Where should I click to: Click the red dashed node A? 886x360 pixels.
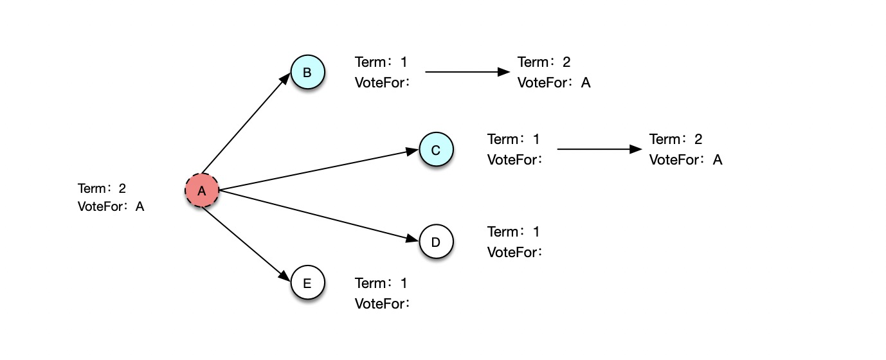[x=202, y=190]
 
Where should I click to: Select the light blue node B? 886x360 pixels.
[x=308, y=72]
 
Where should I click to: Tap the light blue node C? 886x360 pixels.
[x=436, y=149]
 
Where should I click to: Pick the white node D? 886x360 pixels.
[x=436, y=241]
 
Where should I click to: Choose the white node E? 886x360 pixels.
[x=308, y=282]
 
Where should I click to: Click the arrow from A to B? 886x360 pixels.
[x=246, y=123]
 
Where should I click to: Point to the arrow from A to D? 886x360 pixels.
[x=318, y=215]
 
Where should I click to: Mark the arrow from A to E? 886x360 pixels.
[x=246, y=244]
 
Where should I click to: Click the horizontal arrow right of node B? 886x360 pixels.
[x=467, y=72]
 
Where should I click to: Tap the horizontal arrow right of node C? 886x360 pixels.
[x=600, y=149]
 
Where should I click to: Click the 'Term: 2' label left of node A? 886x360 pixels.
[x=102, y=188]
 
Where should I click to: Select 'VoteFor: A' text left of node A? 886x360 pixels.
[x=111, y=206]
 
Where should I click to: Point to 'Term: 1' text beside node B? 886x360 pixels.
[x=381, y=62]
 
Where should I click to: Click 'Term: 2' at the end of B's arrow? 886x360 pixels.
[x=544, y=62]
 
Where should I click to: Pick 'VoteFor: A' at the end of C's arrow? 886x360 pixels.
[x=685, y=160]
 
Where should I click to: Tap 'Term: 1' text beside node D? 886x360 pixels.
[x=513, y=232]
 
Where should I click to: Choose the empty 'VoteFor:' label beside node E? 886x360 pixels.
[x=382, y=304]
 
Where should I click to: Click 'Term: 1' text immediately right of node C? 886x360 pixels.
[x=513, y=139]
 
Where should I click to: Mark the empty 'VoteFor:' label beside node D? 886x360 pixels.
[x=514, y=253]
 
